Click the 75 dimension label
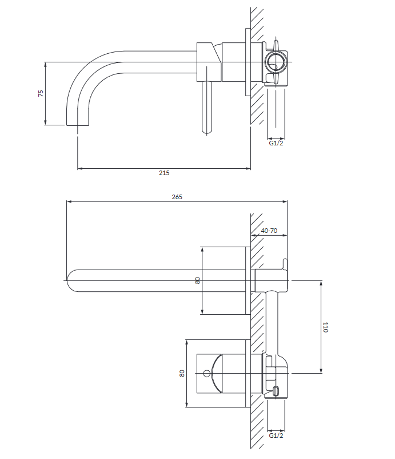(41, 93)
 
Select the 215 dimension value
(164, 173)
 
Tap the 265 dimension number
(177, 196)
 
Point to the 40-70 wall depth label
(269, 231)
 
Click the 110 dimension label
(325, 327)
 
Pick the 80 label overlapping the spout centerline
(198, 280)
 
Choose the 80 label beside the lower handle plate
(182, 373)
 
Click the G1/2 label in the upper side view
(276, 143)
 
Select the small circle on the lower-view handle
(206, 374)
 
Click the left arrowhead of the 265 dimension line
(69, 201)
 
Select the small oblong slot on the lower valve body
(277, 391)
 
